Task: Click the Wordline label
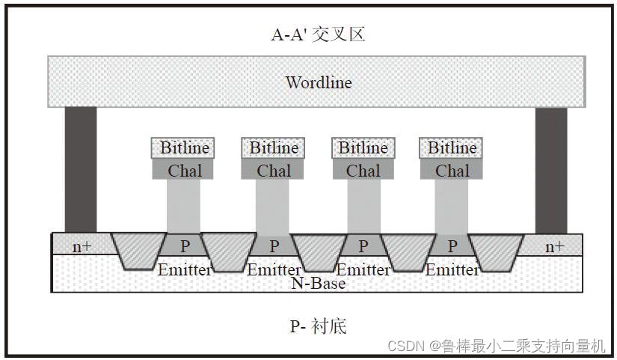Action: (x=318, y=82)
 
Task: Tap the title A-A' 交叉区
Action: (x=318, y=34)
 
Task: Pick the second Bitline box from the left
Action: (x=273, y=148)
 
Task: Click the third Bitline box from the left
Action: (x=363, y=148)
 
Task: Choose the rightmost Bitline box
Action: (x=452, y=148)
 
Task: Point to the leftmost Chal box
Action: (x=184, y=171)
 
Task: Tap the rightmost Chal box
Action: (x=452, y=171)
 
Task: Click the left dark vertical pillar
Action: (x=81, y=169)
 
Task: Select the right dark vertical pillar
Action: (x=552, y=169)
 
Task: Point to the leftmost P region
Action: (x=184, y=245)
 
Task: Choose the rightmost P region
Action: (x=452, y=245)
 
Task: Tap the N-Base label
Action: (x=318, y=284)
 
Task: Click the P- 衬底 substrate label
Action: (x=318, y=326)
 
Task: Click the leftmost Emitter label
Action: (x=184, y=269)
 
